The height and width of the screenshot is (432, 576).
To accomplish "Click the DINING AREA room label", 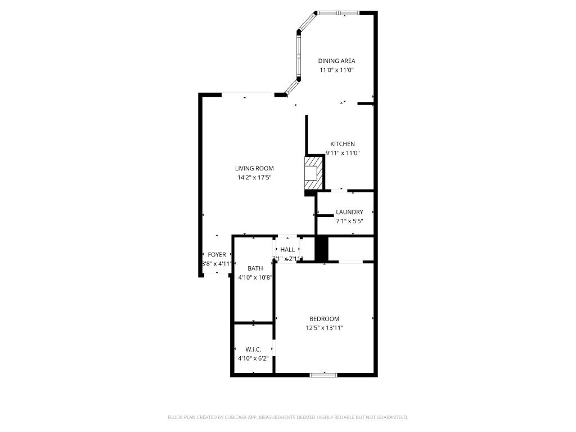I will coord(336,61).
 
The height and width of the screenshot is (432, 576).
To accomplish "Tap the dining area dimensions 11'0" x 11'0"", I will coord(336,70).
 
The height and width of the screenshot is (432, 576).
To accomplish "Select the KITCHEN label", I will coord(342,144).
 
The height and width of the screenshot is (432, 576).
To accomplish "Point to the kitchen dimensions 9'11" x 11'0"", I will coord(342,153).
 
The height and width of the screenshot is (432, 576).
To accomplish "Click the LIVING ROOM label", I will coord(254,168).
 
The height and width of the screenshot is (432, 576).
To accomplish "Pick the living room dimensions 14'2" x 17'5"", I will coord(254,178).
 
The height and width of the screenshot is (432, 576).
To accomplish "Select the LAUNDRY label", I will coord(349,212).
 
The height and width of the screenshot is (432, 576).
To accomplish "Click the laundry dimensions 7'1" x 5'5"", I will coord(349,221).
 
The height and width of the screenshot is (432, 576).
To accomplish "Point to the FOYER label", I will coord(217,255).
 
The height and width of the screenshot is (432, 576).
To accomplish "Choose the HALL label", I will coord(287,250).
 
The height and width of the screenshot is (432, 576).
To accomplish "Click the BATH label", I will coord(255,268).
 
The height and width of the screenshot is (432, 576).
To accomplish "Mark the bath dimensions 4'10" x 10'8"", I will coord(255,277).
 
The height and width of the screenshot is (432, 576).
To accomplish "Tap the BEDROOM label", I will coord(324,319).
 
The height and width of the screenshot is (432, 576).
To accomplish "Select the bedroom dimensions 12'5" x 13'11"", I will coord(324,328).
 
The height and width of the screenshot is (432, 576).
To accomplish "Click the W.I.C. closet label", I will coord(253,349).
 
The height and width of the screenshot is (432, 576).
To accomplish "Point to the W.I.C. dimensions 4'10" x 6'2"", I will coord(253,358).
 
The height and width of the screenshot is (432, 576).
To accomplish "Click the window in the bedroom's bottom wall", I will coord(323,375).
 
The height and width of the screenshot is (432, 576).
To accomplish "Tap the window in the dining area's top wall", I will coord(339,12).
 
